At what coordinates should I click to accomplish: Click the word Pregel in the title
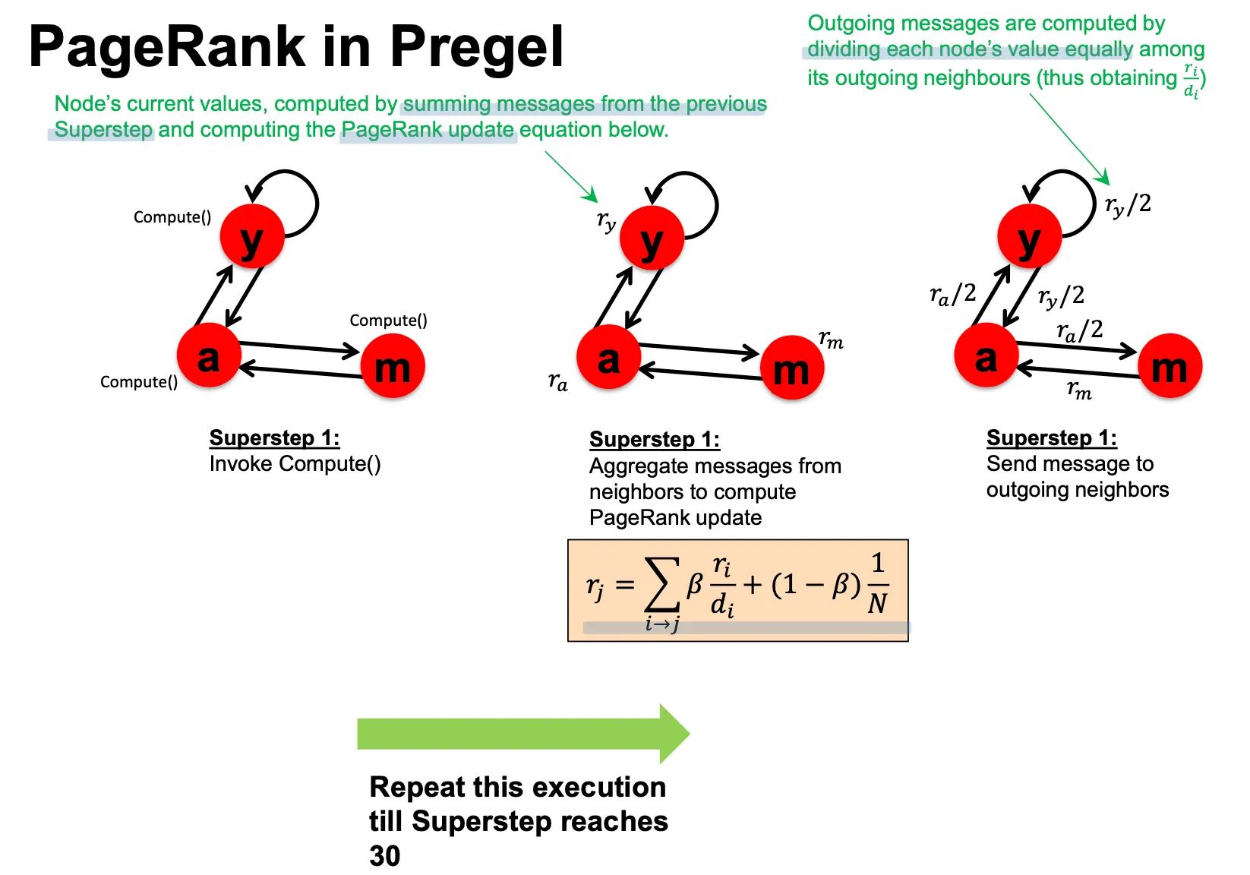point(476,47)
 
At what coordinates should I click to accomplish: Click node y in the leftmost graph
point(252,236)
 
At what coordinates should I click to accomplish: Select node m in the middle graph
point(792,368)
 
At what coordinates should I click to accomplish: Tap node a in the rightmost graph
point(986,355)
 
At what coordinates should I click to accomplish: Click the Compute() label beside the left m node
point(388,321)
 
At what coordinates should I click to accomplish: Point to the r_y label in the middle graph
point(606,221)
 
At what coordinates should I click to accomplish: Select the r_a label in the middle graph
point(557,381)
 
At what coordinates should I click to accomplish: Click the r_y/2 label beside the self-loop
point(1128,204)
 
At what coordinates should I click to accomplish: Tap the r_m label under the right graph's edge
point(1078,390)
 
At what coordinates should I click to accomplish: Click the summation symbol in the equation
point(661,585)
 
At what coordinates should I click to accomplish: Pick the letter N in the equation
point(877,604)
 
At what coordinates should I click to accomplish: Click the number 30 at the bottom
point(385,856)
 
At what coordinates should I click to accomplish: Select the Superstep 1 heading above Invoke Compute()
point(274,437)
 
